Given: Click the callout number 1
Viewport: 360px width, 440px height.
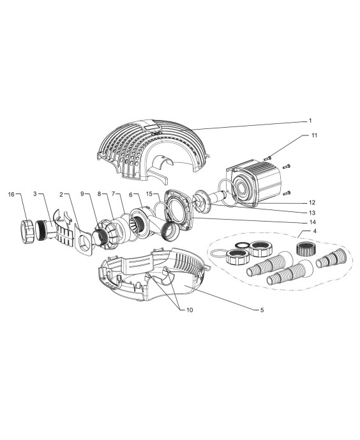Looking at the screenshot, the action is click(x=310, y=121).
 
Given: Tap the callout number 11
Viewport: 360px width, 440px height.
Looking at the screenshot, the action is click(x=315, y=135).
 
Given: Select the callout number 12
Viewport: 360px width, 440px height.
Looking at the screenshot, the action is click(x=312, y=202).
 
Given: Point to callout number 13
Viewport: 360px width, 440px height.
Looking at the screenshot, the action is click(x=312, y=213).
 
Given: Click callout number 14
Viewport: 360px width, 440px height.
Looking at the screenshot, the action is click(x=312, y=222).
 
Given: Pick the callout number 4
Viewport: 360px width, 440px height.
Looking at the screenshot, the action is click(x=315, y=232).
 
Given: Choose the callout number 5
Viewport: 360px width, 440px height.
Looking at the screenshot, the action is click(x=262, y=310).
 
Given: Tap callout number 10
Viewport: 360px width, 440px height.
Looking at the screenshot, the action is click(x=190, y=310).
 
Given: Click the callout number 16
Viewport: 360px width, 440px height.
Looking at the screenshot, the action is click(x=11, y=194).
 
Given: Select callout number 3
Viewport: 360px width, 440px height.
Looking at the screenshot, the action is click(x=35, y=194).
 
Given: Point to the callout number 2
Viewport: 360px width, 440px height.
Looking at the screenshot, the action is click(x=61, y=194).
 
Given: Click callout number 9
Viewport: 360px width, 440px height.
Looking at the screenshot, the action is click(x=82, y=194).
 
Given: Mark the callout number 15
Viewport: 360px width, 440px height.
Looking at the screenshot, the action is click(x=149, y=194).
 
